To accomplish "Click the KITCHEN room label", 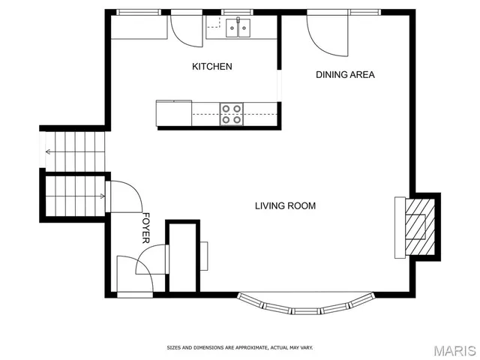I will tap(212, 67).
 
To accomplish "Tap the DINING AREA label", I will tap(345, 74).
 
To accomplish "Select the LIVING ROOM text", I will tap(285, 205).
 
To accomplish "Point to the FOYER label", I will tap(146, 227).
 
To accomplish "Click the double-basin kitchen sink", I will tap(238, 28).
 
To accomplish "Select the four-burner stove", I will tap(231, 113).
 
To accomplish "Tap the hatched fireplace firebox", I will tap(415, 226).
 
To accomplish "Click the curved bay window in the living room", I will tap(305, 307).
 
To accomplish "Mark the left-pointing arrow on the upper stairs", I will tap(49, 151).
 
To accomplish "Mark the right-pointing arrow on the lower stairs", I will tap(101, 196).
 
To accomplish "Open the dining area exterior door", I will tap(328, 34).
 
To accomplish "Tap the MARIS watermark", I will tap(449, 350).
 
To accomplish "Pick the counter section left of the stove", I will tap(174, 113).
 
